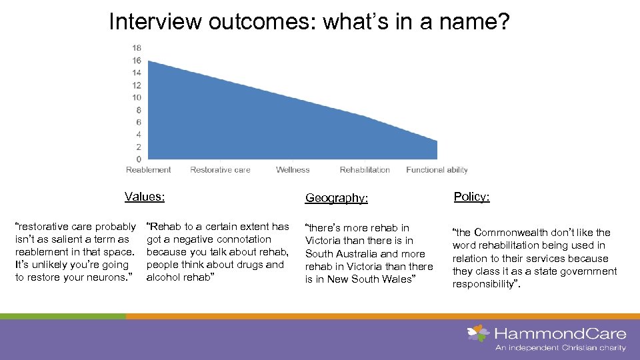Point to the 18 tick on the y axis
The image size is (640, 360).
137,48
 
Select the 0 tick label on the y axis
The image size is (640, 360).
139,159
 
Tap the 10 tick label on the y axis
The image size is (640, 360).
137,98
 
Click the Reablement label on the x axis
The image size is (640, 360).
149,170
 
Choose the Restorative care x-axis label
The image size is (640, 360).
220,170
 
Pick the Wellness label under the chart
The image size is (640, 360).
293,170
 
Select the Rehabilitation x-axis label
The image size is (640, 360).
365,170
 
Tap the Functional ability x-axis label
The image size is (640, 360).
437,170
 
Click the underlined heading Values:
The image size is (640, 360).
145,197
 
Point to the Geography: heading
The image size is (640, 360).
337,198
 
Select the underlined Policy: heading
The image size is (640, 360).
472,197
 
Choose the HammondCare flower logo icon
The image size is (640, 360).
478,333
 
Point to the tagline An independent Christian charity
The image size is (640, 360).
560,347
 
